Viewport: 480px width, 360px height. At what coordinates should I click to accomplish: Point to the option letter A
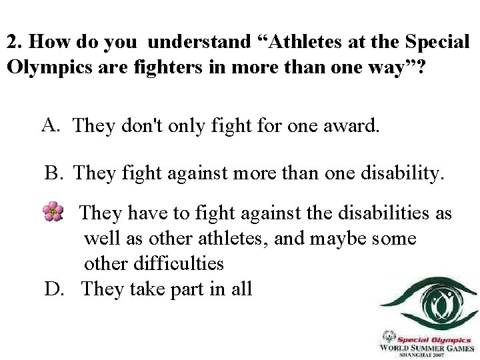coord(51,124)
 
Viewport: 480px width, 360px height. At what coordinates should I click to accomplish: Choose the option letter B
coord(53,173)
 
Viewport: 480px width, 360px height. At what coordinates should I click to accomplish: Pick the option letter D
coord(53,289)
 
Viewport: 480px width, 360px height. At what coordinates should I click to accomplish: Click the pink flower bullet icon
coord(53,212)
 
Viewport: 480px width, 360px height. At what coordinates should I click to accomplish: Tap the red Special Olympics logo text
coord(435,339)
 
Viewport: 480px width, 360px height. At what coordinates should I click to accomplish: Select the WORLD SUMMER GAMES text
coord(427,347)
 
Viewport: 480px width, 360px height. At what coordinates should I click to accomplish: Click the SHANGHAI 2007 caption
coord(427,355)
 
